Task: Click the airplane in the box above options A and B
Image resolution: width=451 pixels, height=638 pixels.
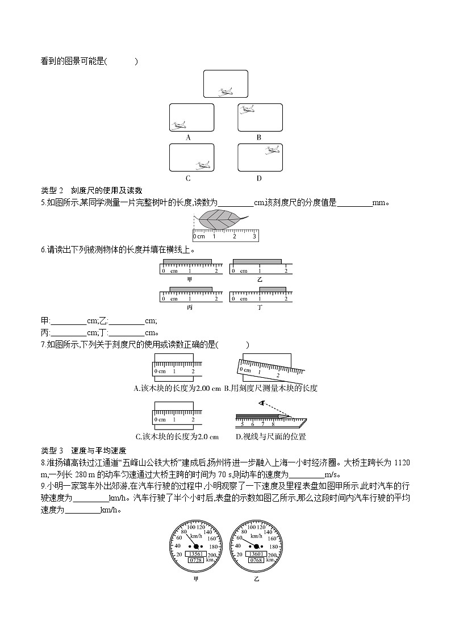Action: click(225, 91)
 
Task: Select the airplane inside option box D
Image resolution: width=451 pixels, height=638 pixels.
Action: click(272, 150)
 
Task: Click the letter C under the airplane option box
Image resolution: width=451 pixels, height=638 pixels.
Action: click(188, 178)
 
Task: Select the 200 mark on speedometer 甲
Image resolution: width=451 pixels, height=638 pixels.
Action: click(212, 555)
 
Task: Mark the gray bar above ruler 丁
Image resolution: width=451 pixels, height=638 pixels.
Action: click(273, 290)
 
